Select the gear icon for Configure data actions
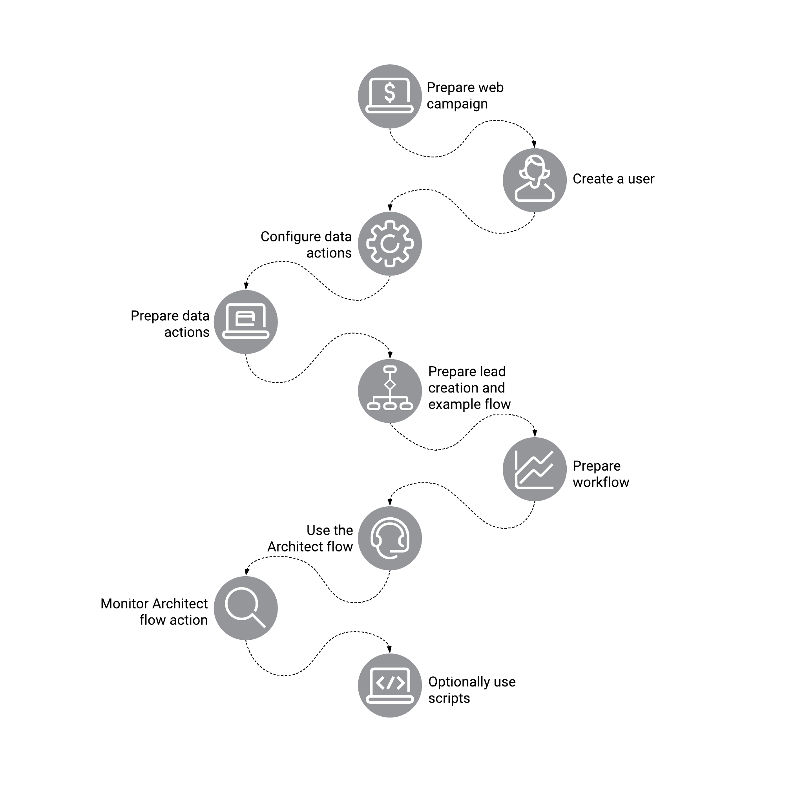pos(390,244)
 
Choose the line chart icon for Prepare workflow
pos(534,469)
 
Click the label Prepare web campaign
pos(465,96)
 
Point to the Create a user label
pos(613,179)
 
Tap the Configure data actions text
pos(306,245)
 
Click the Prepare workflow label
pos(601,474)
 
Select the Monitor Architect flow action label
pos(154,612)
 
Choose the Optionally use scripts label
pos(472,690)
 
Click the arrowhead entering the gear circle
pos(390,208)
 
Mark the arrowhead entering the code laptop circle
pos(390,650)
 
